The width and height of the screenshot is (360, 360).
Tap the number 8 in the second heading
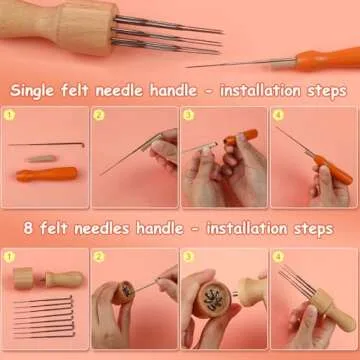(16, 229)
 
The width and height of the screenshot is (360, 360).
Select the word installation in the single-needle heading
(263, 91)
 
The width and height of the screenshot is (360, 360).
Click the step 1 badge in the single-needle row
(11, 115)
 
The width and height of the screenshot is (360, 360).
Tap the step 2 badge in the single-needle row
(100, 115)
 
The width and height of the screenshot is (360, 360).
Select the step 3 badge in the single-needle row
(189, 115)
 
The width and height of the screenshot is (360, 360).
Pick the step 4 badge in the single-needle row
(278, 115)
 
